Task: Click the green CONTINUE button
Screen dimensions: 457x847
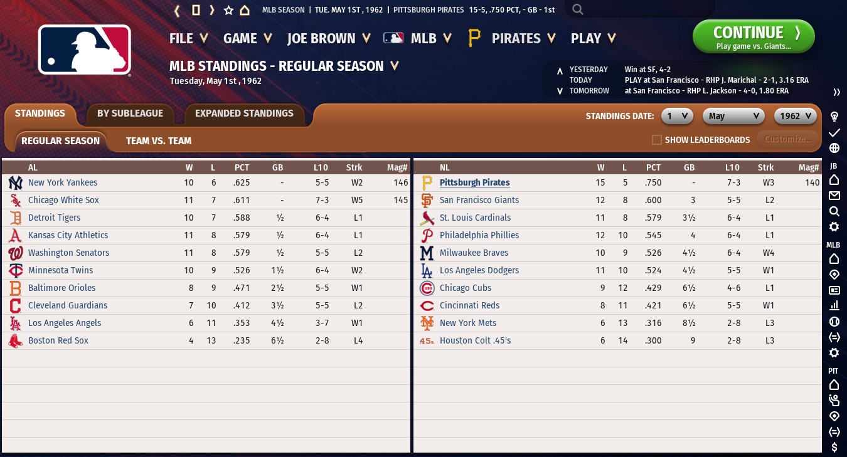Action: (753, 36)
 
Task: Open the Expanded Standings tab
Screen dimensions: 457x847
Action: (244, 113)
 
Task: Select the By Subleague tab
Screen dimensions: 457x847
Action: (130, 113)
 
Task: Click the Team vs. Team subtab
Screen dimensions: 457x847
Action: (158, 141)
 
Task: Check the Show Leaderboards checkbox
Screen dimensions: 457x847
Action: (657, 140)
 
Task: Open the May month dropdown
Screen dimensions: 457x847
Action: (733, 116)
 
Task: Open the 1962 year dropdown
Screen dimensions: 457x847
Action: (796, 116)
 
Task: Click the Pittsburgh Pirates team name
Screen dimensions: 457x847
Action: (474, 182)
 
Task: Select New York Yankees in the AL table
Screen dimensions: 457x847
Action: (63, 182)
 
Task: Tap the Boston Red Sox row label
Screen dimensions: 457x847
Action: (58, 340)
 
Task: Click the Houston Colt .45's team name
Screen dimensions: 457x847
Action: (475, 340)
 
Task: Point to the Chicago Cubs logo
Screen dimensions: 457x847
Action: (427, 288)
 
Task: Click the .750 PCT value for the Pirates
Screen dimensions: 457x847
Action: (653, 182)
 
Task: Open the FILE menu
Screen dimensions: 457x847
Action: (188, 38)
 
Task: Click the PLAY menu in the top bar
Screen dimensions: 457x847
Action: (592, 38)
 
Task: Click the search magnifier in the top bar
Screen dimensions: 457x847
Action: (578, 9)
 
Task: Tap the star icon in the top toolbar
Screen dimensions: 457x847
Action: (228, 10)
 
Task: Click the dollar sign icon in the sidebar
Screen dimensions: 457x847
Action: (834, 447)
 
